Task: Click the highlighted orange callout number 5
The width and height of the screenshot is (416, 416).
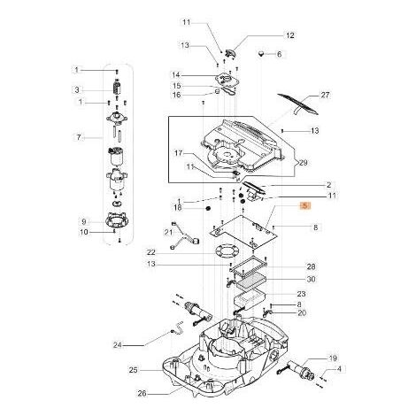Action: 305,205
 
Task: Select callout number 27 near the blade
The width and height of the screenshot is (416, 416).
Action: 325,96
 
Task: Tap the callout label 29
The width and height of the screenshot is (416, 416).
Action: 303,163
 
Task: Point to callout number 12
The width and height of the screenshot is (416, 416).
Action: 290,35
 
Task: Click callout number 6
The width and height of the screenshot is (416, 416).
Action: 279,54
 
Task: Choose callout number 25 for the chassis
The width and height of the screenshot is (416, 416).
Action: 134,370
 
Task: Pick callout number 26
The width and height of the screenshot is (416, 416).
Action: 142,394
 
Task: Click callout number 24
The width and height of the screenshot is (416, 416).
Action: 118,344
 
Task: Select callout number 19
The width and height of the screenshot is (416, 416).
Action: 333,358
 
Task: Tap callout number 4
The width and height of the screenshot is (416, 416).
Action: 339,369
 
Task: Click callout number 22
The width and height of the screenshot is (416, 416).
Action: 150,253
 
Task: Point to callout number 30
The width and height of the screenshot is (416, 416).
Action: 312,279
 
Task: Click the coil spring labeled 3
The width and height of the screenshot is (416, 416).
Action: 117,87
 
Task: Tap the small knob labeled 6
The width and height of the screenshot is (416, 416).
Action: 261,54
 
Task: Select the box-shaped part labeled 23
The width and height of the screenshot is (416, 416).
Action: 250,299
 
